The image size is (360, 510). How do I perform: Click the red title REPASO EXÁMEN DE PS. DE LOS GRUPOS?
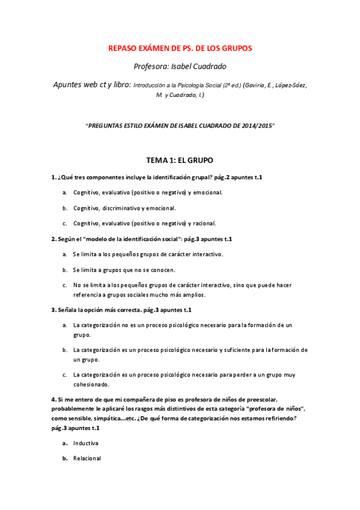tap(180, 48)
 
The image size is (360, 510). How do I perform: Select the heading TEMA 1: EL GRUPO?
tap(180, 161)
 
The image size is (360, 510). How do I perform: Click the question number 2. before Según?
tap(53, 239)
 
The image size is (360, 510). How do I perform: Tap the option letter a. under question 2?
tap(64, 254)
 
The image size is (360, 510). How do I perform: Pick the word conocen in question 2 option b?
tap(163, 269)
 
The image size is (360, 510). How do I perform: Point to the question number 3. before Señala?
tap(53, 310)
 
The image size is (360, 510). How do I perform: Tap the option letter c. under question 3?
tap(64, 375)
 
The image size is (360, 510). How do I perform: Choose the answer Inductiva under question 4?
tap(86, 443)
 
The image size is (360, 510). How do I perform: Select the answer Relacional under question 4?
tap(87, 458)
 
